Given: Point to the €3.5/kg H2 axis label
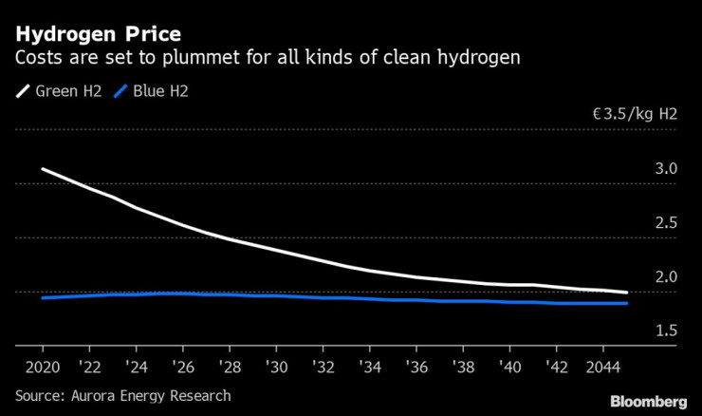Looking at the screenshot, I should click(x=635, y=114).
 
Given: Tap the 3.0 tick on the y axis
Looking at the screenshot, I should click(x=665, y=169).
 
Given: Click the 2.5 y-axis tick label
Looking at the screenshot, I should click(x=665, y=223).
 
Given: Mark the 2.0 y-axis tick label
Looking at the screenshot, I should click(x=665, y=277).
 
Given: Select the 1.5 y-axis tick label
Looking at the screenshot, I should click(x=665, y=331).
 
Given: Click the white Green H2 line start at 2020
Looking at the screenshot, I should click(x=43, y=169).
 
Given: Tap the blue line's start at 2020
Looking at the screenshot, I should click(x=43, y=298).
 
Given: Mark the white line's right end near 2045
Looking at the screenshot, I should click(x=626, y=293).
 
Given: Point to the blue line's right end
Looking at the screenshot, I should click(x=626, y=303).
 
